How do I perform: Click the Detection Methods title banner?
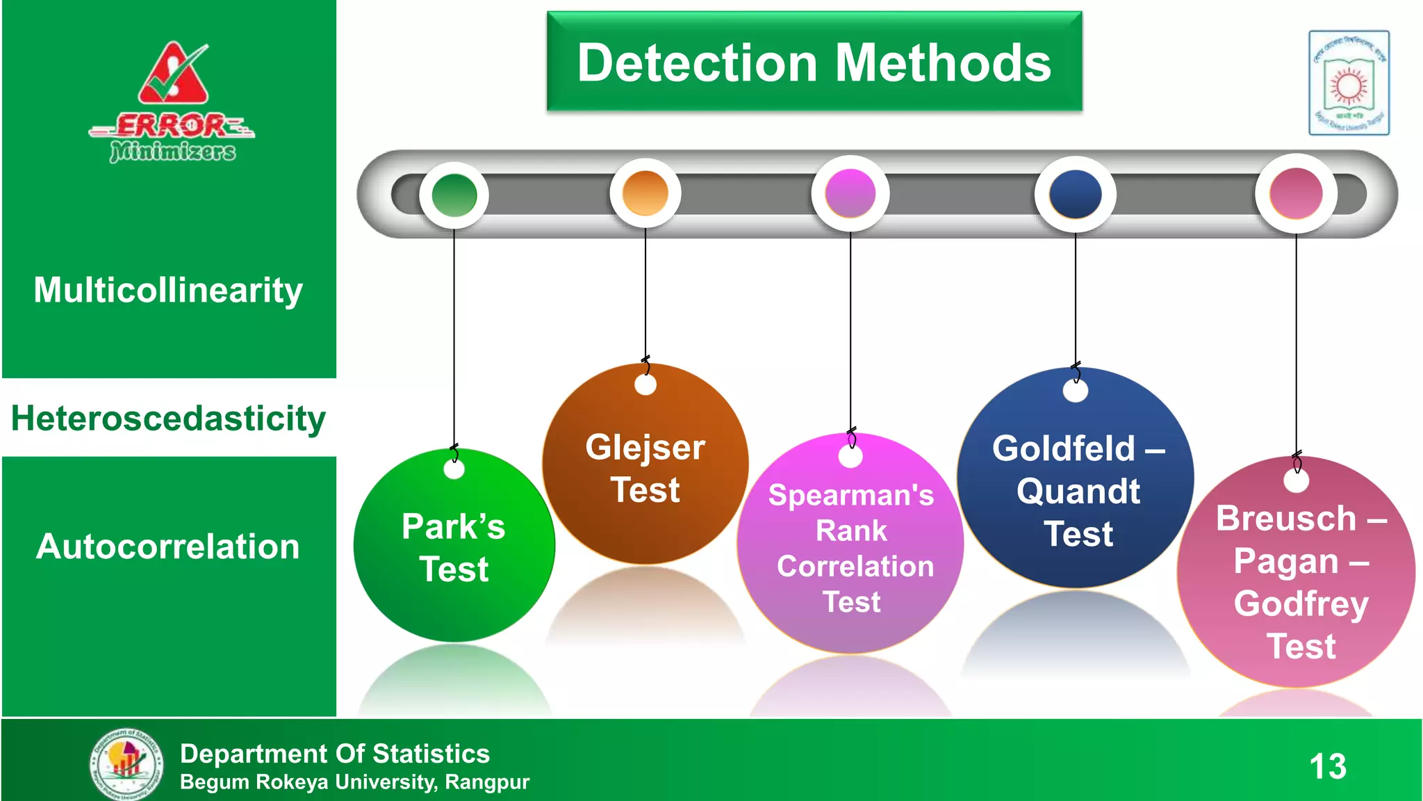tap(814, 63)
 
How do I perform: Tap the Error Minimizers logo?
tap(172, 103)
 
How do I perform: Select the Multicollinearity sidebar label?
tap(168, 290)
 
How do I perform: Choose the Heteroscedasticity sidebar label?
tap(168, 419)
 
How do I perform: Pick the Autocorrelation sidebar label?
tap(168, 547)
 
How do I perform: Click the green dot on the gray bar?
tap(454, 195)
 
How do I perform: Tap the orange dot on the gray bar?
tap(645, 193)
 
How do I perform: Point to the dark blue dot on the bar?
tap(1075, 195)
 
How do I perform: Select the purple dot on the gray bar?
tap(850, 194)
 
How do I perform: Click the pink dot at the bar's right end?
tap(1296, 194)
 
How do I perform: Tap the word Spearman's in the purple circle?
tap(851, 496)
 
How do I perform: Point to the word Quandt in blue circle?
tap(1078, 492)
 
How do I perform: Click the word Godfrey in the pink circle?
tap(1301, 604)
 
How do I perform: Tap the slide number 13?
tap(1328, 767)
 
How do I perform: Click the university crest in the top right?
tap(1349, 83)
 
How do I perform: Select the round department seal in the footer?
tap(126, 763)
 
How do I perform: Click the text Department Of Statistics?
tap(334, 754)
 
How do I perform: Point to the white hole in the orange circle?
tap(645, 385)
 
